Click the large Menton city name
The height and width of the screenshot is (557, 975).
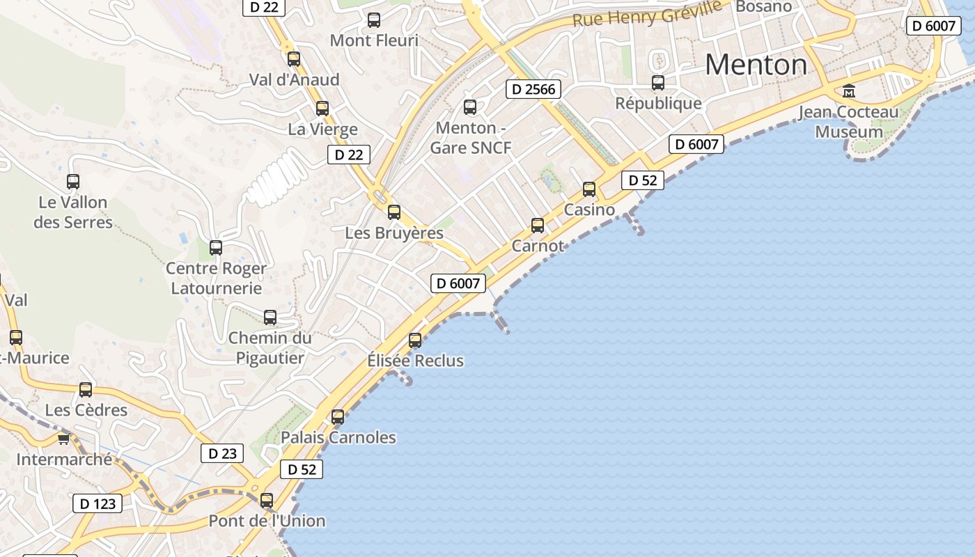tap(756, 65)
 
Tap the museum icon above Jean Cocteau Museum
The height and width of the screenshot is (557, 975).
tap(849, 91)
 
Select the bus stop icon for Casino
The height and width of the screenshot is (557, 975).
tap(589, 189)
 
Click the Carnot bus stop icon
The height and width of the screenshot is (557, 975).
tap(538, 225)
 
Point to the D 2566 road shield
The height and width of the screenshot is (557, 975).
tap(533, 88)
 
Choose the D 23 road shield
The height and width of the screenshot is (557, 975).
tap(223, 453)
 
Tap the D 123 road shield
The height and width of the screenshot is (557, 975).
tap(97, 503)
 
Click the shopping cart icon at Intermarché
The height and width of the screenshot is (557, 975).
tap(64, 439)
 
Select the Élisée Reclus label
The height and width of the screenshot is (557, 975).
tap(415, 361)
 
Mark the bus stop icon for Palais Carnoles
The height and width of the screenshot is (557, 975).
tap(338, 417)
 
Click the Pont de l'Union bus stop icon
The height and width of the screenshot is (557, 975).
tap(267, 500)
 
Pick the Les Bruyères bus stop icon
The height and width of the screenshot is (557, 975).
tap(394, 212)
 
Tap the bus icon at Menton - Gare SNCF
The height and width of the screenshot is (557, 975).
tap(470, 107)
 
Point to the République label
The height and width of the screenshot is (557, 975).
tap(658, 103)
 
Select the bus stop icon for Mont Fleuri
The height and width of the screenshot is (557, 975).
tap(374, 20)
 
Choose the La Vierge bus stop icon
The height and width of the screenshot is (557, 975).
tap(322, 109)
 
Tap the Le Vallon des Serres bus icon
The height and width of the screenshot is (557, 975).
tap(73, 182)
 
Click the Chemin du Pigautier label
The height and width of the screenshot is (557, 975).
tap(270, 347)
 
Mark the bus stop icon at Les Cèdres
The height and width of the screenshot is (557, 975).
tap(86, 390)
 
